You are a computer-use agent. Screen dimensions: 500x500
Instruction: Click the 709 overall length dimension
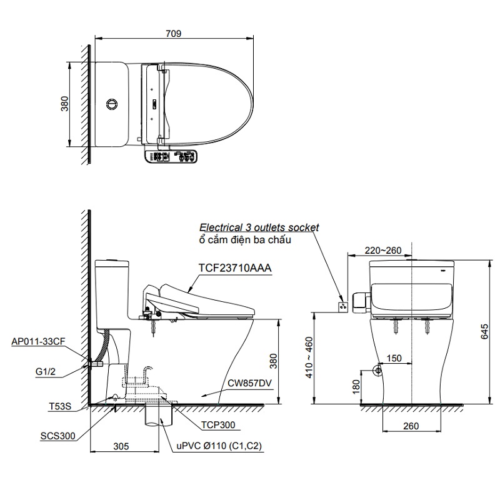pos(173,34)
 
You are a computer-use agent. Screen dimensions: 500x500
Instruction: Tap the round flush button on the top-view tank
pos(112,104)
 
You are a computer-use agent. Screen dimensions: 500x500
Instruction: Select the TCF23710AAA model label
pos(235,268)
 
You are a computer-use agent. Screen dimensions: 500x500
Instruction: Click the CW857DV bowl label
pos(249,382)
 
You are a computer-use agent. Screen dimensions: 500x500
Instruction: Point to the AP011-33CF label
pos(38,341)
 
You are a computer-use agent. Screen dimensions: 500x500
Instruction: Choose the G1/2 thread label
pos(46,371)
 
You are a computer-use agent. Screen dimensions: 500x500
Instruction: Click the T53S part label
pos(60,406)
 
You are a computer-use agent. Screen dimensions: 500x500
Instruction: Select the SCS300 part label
pos(57,436)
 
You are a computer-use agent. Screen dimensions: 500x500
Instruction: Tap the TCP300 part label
pos(218,425)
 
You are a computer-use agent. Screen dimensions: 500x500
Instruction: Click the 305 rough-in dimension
pos(121,446)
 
